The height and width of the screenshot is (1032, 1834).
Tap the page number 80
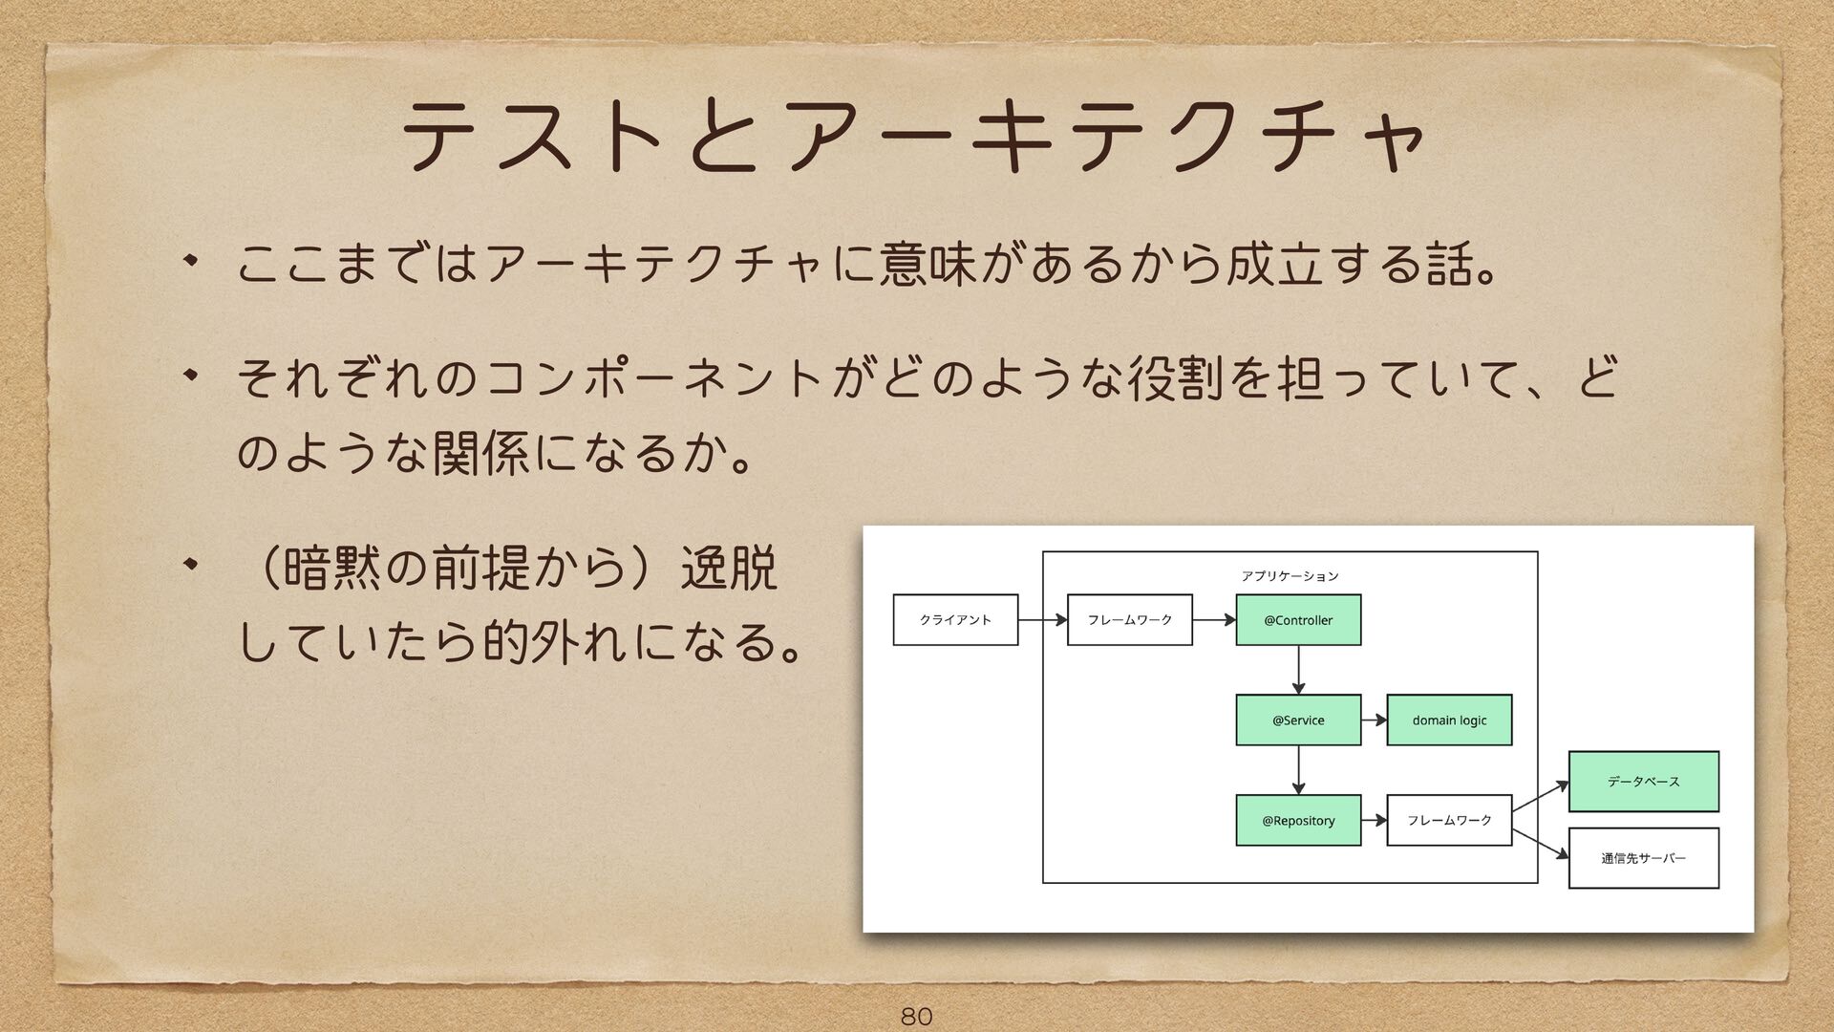tap(916, 1015)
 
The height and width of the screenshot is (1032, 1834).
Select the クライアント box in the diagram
tap(955, 620)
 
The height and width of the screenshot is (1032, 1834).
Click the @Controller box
tap(1298, 620)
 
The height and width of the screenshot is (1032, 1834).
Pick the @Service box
tap(1298, 720)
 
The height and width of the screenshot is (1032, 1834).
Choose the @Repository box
tap(1298, 821)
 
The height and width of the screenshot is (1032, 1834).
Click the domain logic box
tap(1449, 720)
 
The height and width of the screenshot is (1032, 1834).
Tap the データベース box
tap(1643, 782)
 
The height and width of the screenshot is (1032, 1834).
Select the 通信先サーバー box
tap(1643, 858)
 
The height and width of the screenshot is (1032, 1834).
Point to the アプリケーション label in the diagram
tap(1290, 576)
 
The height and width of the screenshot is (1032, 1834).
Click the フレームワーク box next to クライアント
tap(1130, 620)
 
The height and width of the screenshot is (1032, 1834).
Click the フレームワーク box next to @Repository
tap(1449, 821)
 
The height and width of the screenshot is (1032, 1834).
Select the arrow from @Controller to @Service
tap(1298, 670)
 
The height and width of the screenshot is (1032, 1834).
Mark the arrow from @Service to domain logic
tap(1374, 720)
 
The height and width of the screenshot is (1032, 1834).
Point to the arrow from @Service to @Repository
tap(1298, 770)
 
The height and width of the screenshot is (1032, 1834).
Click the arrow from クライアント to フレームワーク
tap(1042, 620)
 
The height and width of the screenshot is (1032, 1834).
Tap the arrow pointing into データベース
tap(1540, 797)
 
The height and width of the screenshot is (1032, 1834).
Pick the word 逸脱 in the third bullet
tap(728, 570)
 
